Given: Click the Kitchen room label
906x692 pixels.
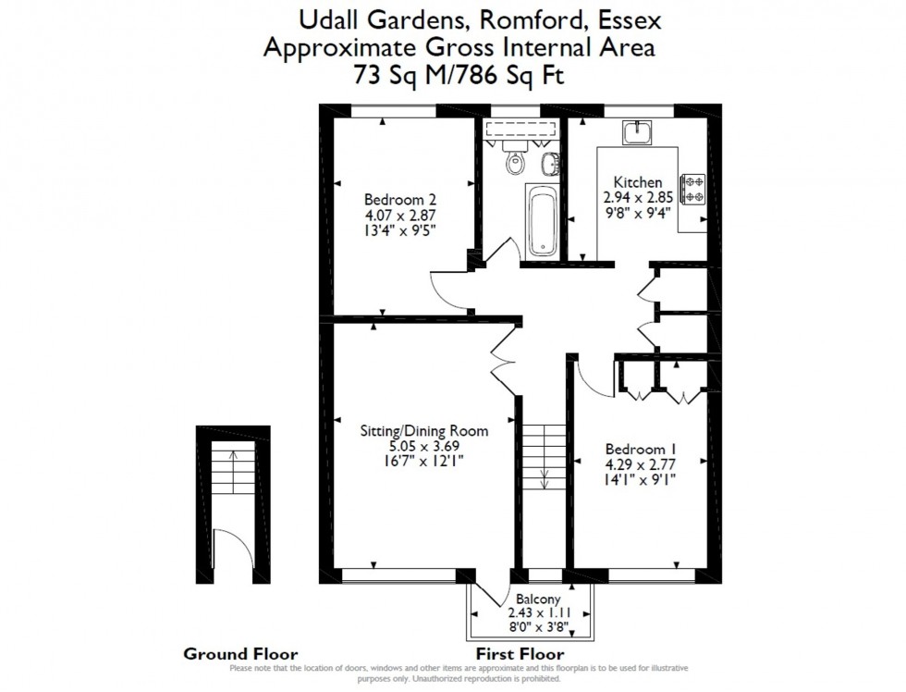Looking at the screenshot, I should tap(632, 182).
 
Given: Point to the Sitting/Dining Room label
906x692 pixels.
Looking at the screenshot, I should tap(423, 430).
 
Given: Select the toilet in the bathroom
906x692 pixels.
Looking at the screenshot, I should tap(516, 163).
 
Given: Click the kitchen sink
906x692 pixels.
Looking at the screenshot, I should tap(637, 134).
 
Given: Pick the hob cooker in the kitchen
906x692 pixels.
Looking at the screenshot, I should tap(693, 189).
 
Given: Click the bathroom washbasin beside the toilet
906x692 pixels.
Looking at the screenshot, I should tap(549, 165).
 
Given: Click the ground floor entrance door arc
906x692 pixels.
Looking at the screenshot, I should tap(227, 550).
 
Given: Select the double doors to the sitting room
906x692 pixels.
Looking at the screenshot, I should tap(503, 352).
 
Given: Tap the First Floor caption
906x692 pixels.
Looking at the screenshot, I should tap(520, 653).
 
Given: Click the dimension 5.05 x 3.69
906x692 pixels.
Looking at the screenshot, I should tap(423, 446).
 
